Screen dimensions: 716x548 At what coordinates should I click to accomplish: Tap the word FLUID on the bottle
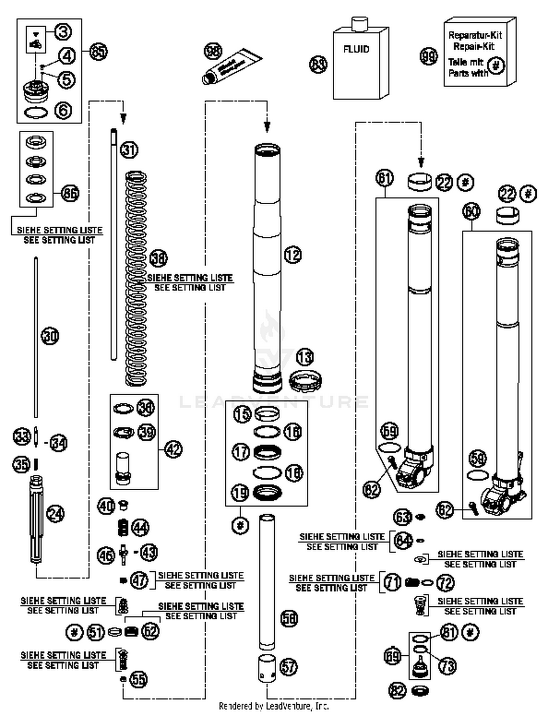(356, 49)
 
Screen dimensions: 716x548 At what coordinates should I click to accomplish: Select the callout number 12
(293, 255)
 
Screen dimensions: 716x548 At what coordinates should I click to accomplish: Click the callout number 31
(129, 150)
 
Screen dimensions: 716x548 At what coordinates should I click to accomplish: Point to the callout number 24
(56, 514)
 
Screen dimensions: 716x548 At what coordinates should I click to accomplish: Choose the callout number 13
(305, 357)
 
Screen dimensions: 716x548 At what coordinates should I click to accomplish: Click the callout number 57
(289, 667)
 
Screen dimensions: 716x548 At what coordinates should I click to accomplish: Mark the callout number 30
(50, 336)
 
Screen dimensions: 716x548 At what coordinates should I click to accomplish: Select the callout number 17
(241, 452)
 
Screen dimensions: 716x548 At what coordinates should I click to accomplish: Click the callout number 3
(63, 32)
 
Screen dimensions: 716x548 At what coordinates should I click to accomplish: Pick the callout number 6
(63, 110)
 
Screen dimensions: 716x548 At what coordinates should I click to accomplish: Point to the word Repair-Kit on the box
(474, 46)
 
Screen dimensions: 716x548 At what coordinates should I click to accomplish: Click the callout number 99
(429, 57)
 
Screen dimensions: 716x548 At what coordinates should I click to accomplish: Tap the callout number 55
(139, 679)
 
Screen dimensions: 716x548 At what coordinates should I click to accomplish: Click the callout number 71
(392, 582)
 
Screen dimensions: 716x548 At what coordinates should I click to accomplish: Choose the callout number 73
(448, 666)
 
